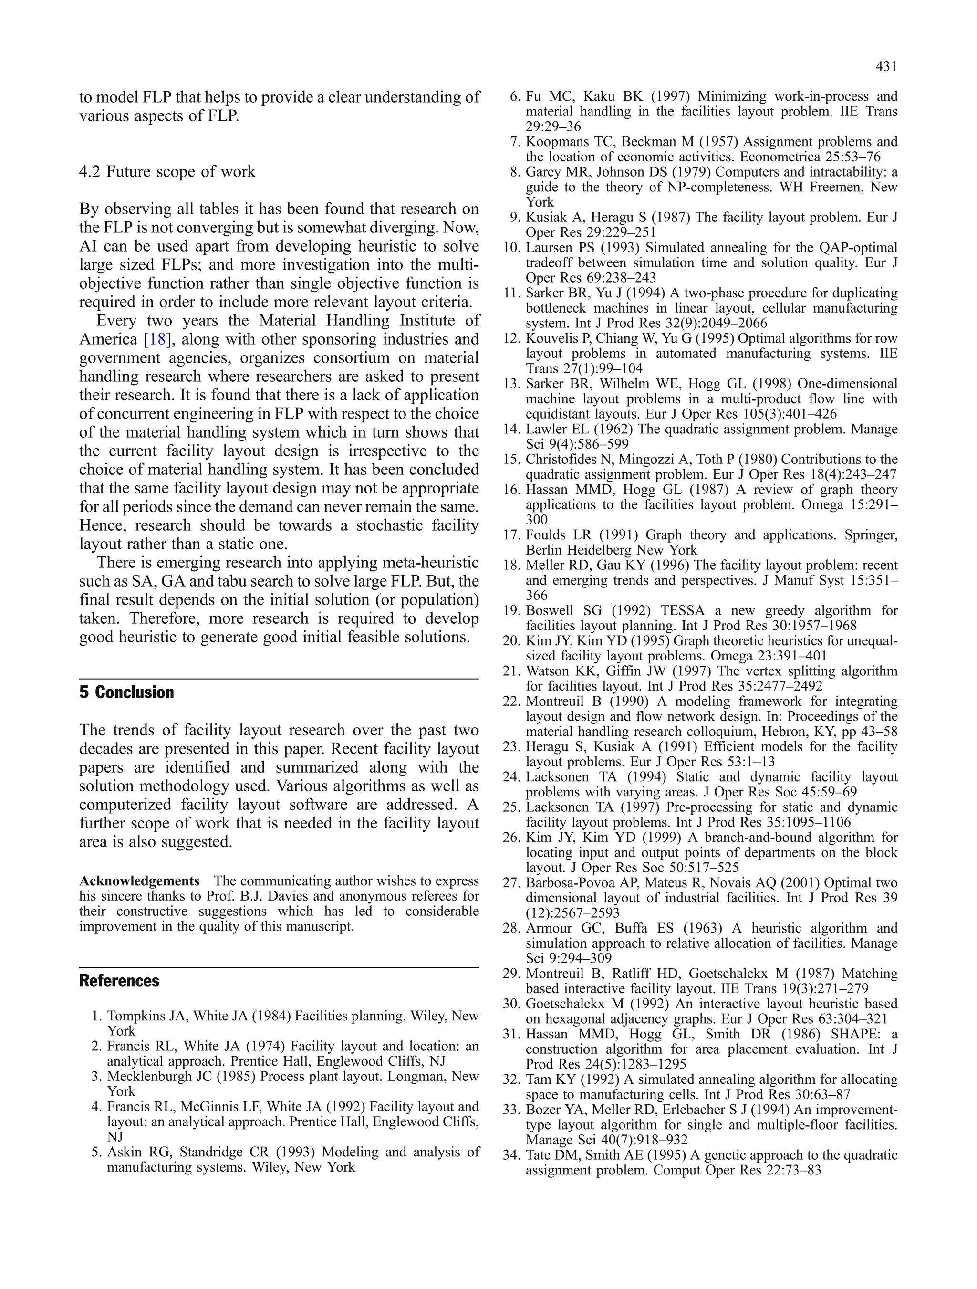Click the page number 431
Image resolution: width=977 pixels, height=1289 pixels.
coord(885,67)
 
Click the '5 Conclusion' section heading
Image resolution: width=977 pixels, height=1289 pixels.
coord(126,692)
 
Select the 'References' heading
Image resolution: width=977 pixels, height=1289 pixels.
coord(119,981)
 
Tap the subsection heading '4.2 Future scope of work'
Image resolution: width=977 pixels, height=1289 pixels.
coord(167,171)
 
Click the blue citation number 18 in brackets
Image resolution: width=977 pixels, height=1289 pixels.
coord(157,339)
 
